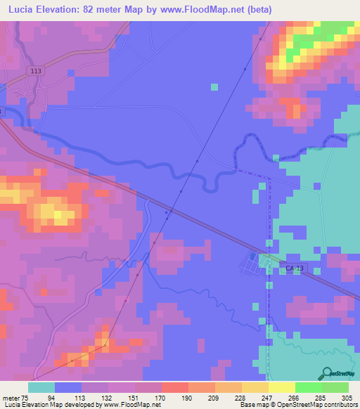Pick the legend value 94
pos(69,397)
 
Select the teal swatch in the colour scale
pos(41,387)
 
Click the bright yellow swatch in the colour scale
pos(281,387)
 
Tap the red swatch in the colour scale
pos(175,387)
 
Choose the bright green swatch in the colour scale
pos(308,387)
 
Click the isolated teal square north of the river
pos(214,87)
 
